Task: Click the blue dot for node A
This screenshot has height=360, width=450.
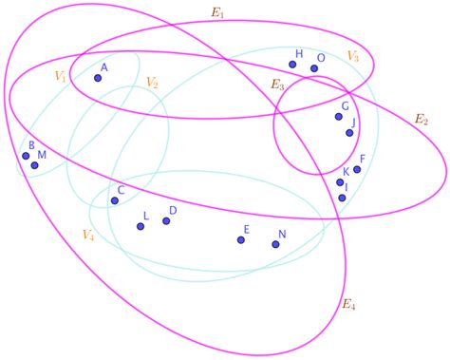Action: [x=98, y=78]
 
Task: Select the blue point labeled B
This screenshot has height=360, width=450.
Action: [x=27, y=156]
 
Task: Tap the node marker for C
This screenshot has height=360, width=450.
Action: [x=113, y=199]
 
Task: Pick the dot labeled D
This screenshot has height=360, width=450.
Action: [x=166, y=221]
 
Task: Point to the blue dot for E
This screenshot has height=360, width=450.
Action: [x=240, y=239]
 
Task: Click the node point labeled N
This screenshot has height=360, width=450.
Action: [x=275, y=244]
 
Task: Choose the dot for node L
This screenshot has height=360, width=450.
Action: [x=141, y=226]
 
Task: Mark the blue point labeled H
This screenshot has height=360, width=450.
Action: [x=294, y=65]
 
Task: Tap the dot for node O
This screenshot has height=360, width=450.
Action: [x=314, y=68]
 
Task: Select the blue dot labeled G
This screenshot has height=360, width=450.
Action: [x=338, y=117]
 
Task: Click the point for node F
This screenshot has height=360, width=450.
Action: [x=357, y=169]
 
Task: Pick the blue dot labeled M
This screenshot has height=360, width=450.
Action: [x=35, y=165]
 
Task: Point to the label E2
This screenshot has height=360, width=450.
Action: [x=422, y=120]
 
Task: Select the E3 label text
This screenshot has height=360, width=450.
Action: [x=277, y=85]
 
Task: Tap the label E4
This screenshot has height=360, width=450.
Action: [x=349, y=305]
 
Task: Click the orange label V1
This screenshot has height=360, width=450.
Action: [x=61, y=76]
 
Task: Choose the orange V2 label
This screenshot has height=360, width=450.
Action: [x=152, y=82]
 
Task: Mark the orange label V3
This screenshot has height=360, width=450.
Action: [x=352, y=56]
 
